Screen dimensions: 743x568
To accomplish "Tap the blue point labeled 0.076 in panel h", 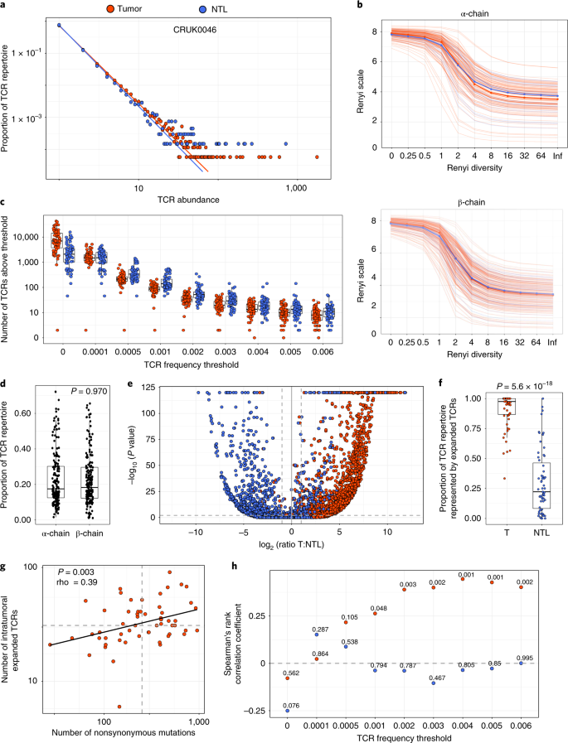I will pos(287,710).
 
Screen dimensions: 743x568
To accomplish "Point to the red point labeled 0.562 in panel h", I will pos(287,678).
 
